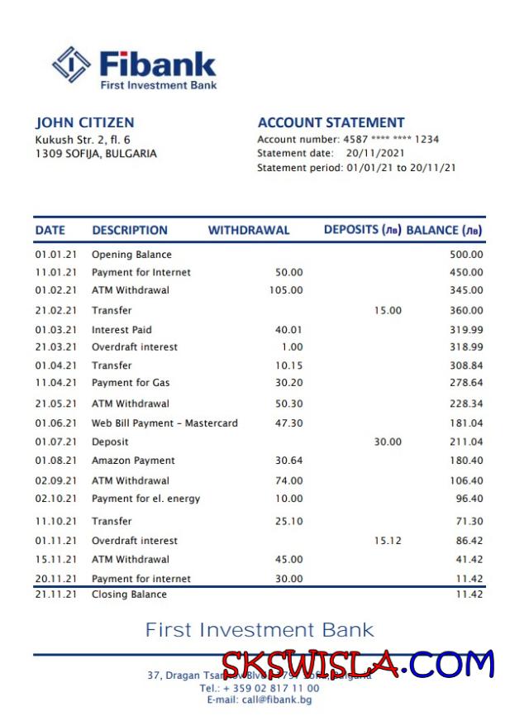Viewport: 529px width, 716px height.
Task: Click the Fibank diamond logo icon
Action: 71,65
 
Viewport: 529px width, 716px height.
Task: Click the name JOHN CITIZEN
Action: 84,122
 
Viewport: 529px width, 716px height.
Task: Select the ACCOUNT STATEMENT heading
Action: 331,122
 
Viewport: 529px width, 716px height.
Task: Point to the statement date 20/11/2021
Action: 376,154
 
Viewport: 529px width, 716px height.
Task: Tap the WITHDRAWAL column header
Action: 248,231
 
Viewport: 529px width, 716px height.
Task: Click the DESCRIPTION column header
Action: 130,231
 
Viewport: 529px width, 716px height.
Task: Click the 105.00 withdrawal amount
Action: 286,290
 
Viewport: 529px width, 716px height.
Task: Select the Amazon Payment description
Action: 133,461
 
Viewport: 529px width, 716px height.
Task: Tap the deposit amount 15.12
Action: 388,541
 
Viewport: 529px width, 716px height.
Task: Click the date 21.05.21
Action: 55,403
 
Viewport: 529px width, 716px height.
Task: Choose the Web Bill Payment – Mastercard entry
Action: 164,423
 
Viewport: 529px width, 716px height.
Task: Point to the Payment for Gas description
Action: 131,383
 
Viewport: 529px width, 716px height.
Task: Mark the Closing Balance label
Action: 129,594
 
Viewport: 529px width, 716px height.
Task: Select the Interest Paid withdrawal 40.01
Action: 288,330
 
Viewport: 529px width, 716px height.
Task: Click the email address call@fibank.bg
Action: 260,700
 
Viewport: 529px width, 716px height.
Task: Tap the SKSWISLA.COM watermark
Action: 357,665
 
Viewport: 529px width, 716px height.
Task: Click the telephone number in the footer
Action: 260,688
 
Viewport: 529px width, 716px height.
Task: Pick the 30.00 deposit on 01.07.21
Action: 388,442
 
